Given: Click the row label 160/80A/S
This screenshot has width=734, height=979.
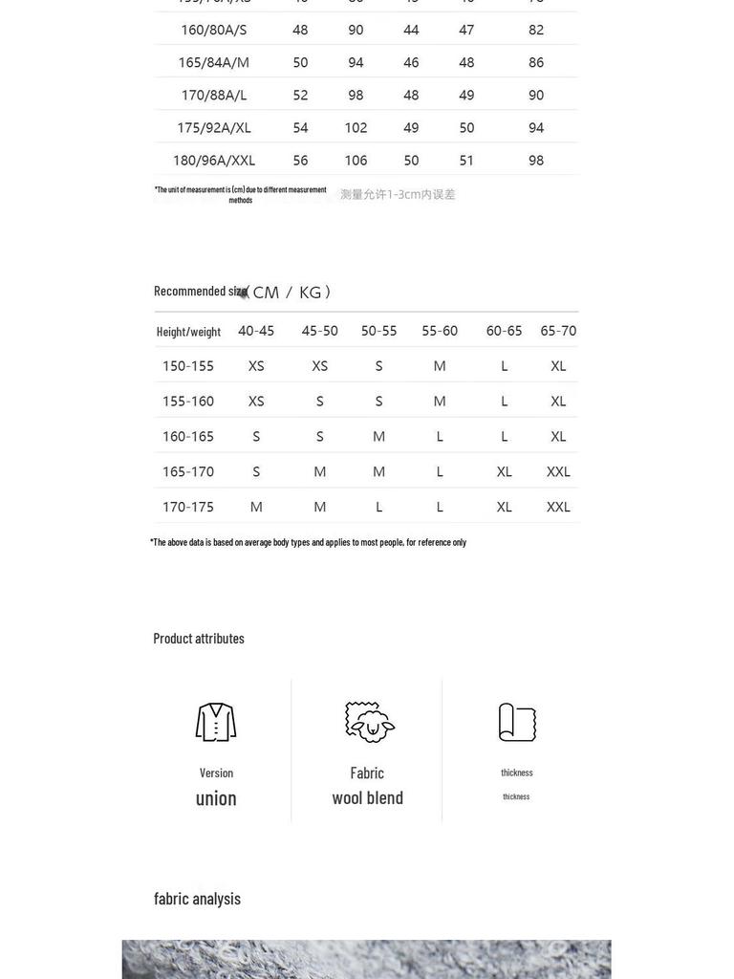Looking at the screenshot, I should point(213,30).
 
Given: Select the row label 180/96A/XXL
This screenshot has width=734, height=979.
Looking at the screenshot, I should point(213,161).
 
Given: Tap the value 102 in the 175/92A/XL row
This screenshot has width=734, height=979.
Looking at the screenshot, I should point(356,128).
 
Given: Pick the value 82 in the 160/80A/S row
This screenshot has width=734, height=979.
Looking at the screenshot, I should point(536,30).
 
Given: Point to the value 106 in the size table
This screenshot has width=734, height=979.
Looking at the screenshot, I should point(356,161).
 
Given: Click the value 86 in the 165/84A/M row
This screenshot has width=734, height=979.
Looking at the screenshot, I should point(536,62).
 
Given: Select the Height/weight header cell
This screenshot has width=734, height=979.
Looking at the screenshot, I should point(188,332).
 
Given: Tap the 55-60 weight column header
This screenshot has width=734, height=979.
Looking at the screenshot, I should point(440,331).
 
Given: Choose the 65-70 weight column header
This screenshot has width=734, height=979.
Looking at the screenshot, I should point(558,331).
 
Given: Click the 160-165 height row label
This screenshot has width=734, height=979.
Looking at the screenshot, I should point(188,437).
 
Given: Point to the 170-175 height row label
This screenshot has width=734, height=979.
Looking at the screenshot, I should point(188,507).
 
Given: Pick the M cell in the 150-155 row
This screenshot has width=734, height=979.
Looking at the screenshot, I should point(440,366).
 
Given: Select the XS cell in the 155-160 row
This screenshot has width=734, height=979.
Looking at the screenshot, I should point(256,402).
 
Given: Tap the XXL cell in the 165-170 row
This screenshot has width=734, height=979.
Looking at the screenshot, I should point(558,471).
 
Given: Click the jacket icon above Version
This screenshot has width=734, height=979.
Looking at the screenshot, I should point(216,722).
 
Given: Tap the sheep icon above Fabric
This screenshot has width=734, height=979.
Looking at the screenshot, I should point(369,722).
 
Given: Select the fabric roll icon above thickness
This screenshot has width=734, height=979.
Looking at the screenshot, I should point(517,722).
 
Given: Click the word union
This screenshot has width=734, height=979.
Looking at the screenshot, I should point(216,798).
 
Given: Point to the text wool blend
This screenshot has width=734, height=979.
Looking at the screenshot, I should point(368,797).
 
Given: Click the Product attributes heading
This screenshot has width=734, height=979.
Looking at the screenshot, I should point(199,639).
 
